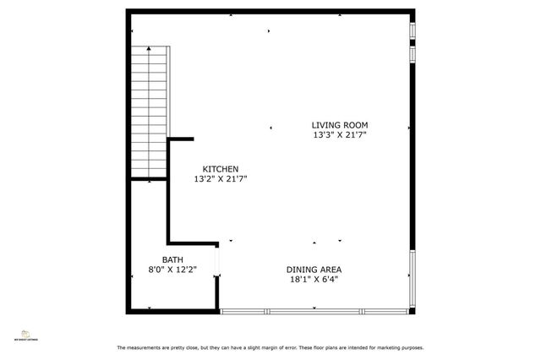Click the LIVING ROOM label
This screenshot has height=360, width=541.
point(339,125)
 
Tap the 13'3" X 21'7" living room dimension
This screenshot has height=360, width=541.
point(339,134)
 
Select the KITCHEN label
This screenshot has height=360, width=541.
point(220,169)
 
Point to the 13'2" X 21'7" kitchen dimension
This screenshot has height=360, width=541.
point(220,178)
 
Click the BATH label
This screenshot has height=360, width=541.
point(172,260)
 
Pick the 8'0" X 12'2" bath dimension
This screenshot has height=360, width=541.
point(172,270)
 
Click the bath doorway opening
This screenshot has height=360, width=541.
point(217,259)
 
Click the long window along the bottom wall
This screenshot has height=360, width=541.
point(316,311)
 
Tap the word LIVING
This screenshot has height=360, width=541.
point(326,125)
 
